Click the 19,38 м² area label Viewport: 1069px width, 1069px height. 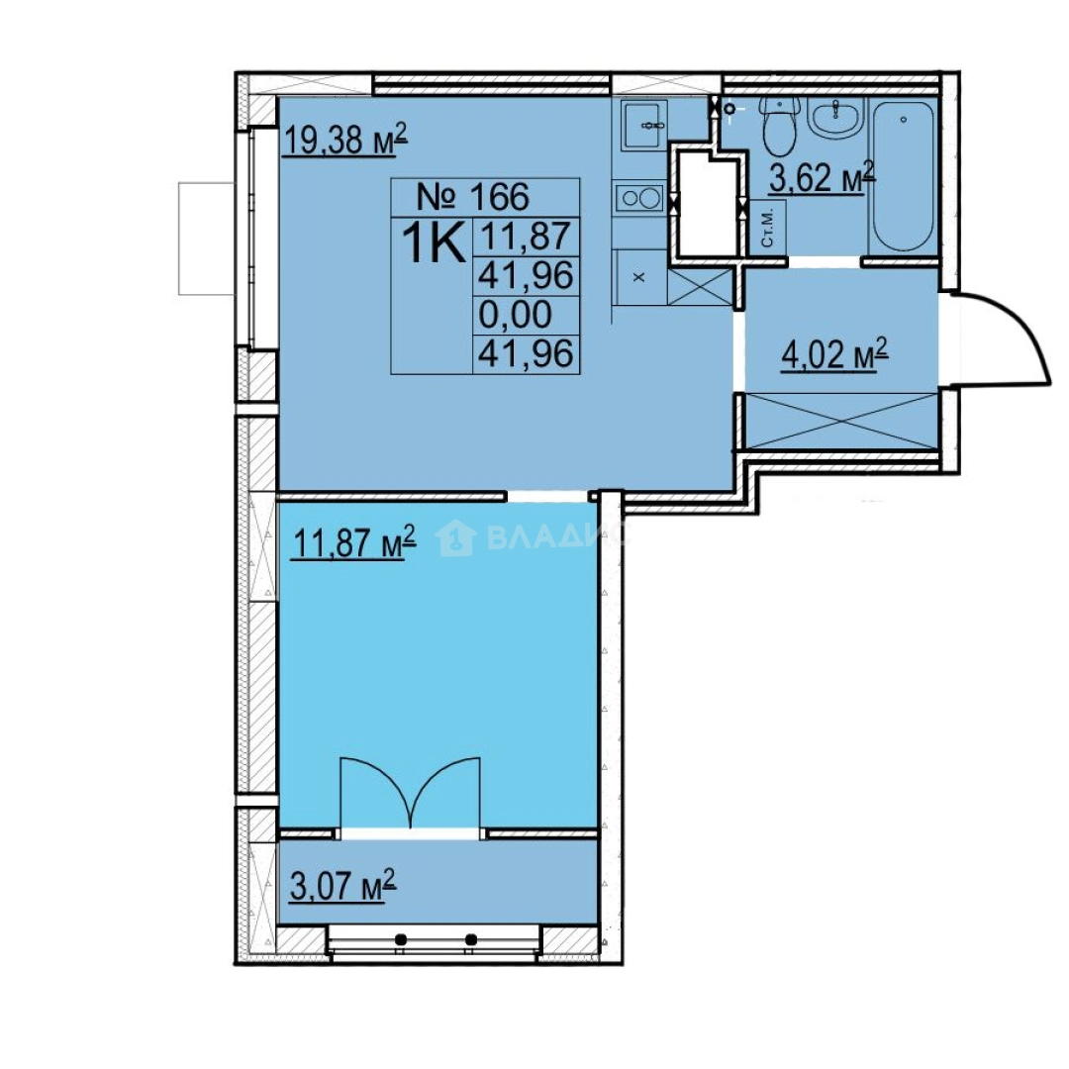coord(345,140)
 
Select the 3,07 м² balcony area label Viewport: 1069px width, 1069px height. coord(342,885)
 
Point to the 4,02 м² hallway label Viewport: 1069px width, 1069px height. coord(834,354)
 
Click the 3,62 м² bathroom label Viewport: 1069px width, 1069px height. coord(823,176)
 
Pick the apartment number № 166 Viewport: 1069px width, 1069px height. coord(472,196)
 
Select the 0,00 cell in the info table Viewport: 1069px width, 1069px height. coord(516,315)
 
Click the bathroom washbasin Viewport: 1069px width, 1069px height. coord(835,117)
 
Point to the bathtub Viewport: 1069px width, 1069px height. coord(903,176)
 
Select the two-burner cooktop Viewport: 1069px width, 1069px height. coord(639,198)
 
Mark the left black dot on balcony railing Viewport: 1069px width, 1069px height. coord(401,939)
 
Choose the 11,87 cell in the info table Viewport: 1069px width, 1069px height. coord(526,237)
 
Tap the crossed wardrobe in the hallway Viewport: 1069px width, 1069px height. coord(842,421)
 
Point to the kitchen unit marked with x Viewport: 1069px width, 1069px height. coord(639,277)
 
